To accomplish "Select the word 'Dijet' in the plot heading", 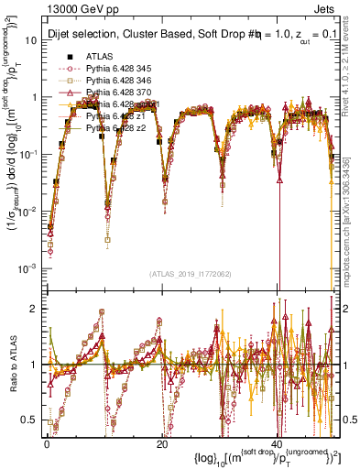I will tap(60, 35).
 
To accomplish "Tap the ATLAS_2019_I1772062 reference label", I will tap(191, 273).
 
